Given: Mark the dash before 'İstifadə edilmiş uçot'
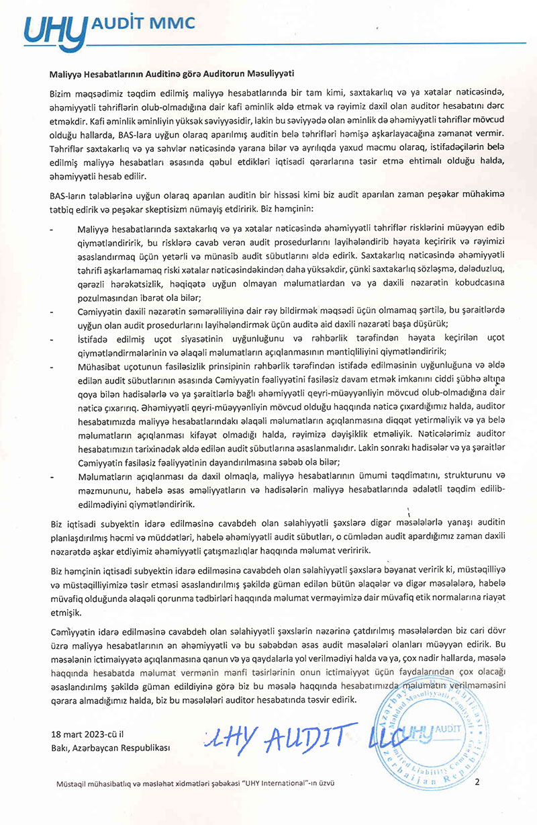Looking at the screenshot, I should [x=53, y=339].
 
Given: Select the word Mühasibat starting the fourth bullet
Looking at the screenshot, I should [x=100, y=367].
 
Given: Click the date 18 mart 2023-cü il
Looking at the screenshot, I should [x=89, y=733].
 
